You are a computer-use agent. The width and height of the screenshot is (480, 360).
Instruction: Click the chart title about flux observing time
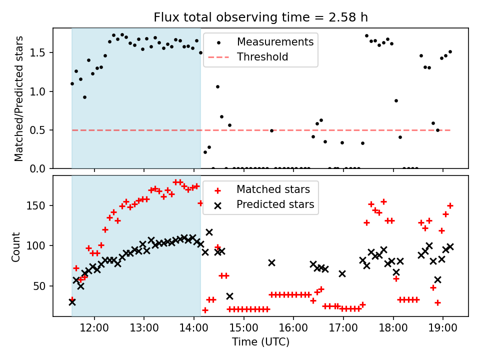260,17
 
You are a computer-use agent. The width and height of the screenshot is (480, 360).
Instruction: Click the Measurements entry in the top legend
275,41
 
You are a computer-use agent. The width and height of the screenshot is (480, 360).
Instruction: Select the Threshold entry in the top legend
262,57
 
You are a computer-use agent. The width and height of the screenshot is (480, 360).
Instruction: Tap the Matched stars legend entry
273,189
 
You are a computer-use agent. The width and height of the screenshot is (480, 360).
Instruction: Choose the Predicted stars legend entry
275,204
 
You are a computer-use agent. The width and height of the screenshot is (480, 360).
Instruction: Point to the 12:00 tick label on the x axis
94,328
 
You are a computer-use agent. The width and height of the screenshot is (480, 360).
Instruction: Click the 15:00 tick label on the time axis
243,328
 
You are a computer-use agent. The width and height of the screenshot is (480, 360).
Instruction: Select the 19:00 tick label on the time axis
443,328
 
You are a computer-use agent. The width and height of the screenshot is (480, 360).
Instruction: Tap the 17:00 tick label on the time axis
343,328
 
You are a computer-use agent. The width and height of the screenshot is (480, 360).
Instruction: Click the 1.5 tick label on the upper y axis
42,53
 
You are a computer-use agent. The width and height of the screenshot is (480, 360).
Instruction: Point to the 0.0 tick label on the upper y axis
42,169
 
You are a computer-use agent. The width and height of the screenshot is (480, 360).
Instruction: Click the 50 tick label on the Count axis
42,286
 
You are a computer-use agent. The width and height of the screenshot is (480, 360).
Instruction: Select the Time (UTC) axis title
260,342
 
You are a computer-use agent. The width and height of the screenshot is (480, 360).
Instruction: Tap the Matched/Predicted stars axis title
19,98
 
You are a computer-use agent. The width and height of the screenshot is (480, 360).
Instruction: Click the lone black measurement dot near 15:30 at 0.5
271,130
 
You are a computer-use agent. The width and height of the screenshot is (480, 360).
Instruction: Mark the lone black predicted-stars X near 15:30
271,262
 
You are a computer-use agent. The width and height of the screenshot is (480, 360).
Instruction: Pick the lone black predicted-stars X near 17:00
342,273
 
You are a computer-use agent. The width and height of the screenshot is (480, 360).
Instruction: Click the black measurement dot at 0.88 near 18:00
396,100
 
